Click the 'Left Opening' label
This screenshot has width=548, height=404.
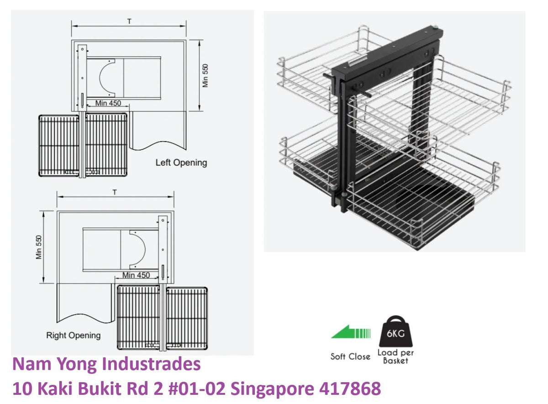(x=181, y=163)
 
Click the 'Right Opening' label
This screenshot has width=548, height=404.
(x=74, y=335)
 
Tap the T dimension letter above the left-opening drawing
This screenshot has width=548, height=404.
(x=129, y=21)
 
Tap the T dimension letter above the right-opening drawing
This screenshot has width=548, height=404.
(x=115, y=193)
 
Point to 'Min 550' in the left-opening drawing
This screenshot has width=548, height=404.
(x=205, y=76)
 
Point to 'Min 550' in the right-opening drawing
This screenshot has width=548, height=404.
(x=39, y=247)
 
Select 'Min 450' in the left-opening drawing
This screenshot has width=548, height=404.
(x=108, y=103)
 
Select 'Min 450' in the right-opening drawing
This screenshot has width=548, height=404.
(x=136, y=275)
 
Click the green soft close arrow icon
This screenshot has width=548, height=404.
(x=351, y=332)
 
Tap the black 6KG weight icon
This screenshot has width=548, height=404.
(x=395, y=331)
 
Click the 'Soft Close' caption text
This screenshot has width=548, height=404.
(x=350, y=357)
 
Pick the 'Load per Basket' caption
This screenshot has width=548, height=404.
(x=395, y=357)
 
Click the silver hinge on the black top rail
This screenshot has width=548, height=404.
(x=357, y=61)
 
